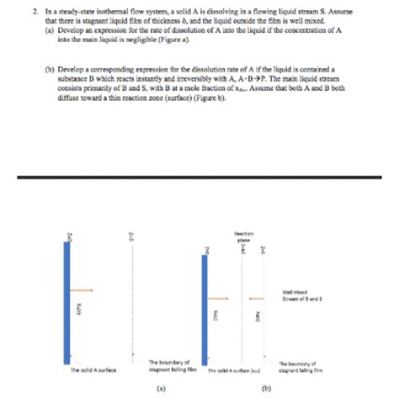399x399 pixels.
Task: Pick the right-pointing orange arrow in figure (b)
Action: [221, 298]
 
